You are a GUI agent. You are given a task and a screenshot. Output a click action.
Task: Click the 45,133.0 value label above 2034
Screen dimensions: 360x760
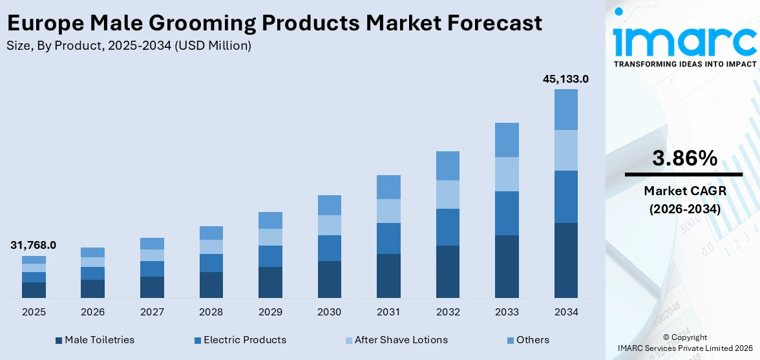tap(565, 79)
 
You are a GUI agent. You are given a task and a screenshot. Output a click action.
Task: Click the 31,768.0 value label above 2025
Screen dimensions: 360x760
tap(33, 245)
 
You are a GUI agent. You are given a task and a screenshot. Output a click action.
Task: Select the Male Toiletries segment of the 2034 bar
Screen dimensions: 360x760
tap(566, 260)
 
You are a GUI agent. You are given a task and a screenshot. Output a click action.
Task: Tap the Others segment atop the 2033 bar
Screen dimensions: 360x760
tap(507, 140)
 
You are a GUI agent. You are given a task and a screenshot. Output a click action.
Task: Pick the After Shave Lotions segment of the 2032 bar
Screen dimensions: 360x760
tap(448, 194)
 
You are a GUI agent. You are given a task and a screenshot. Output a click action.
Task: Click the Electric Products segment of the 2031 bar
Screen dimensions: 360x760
tap(388, 238)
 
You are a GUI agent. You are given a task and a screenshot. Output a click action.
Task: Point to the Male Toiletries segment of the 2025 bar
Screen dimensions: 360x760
tap(34, 290)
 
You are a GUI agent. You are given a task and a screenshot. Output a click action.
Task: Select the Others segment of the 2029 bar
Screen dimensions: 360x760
tap(270, 220)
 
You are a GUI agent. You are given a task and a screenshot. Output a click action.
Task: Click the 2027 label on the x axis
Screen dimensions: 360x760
tap(152, 312)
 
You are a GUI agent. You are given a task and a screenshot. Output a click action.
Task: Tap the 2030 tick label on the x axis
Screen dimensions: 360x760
tap(329, 312)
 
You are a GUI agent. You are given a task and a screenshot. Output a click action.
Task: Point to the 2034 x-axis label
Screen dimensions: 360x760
tap(566, 312)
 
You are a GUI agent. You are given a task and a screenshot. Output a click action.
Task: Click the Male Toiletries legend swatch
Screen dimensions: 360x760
tap(59, 340)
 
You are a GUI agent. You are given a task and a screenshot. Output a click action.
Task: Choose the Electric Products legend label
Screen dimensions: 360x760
tap(244, 340)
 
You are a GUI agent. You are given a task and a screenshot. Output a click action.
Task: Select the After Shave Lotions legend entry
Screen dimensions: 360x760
tap(401, 340)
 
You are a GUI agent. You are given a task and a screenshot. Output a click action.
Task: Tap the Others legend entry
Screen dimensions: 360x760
tap(533, 340)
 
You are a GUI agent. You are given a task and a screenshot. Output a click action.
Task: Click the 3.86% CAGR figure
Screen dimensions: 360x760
tap(684, 158)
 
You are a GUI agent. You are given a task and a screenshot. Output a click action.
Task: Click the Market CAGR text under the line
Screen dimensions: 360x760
tap(684, 191)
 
